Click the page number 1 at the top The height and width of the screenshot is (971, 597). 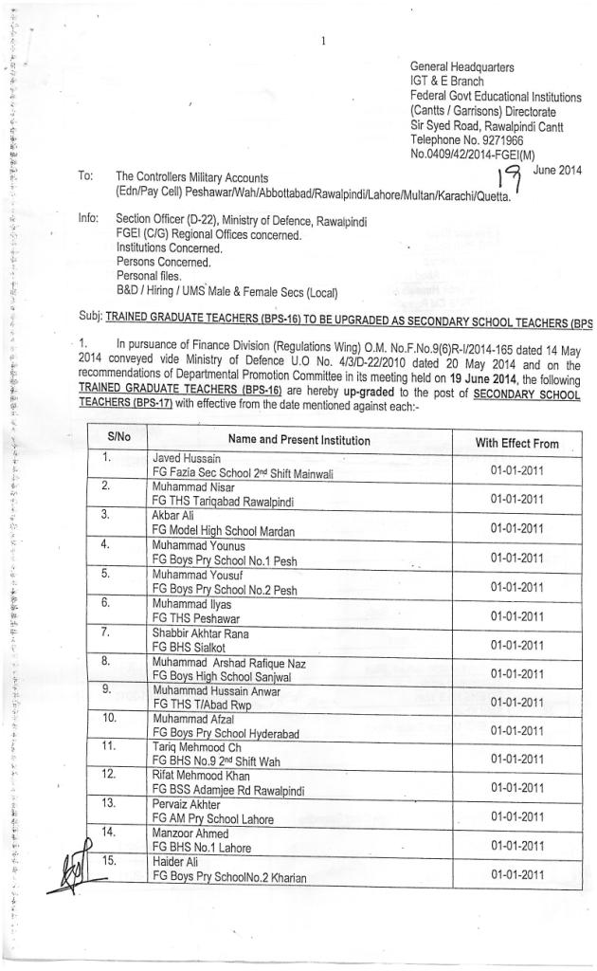click(324, 41)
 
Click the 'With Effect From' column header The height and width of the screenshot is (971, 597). click(517, 443)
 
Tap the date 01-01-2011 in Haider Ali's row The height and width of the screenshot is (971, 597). click(517, 874)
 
